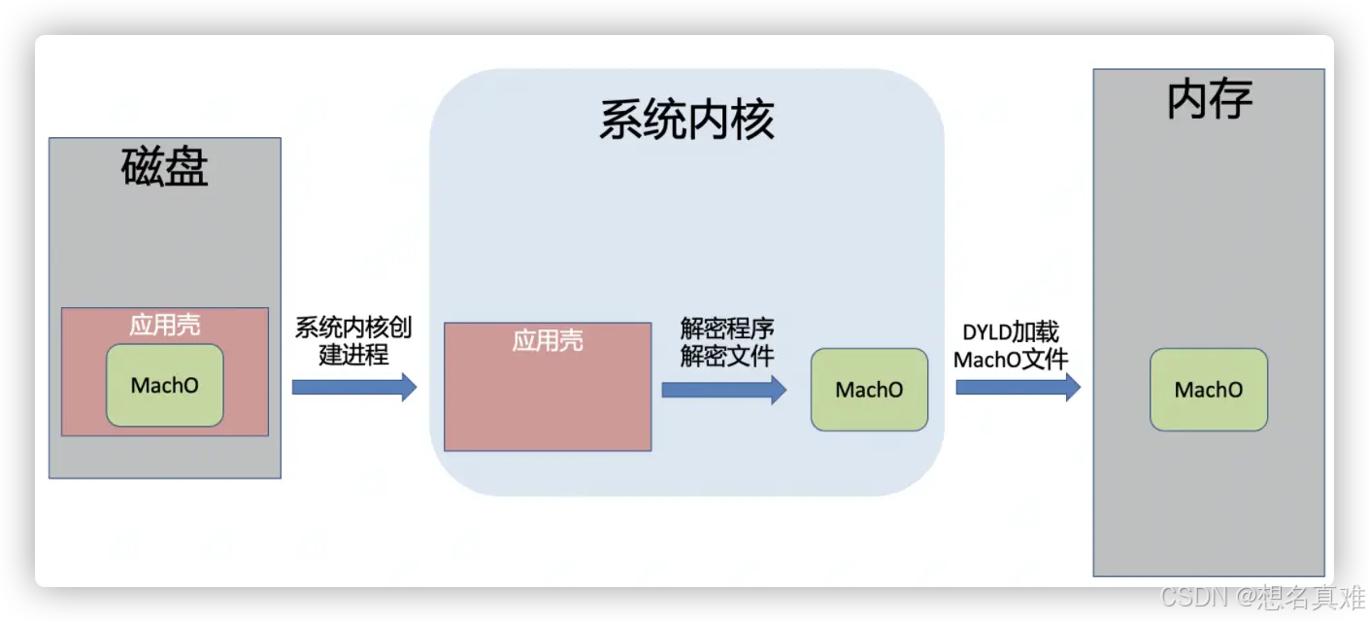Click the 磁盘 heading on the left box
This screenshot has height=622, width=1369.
tap(165, 167)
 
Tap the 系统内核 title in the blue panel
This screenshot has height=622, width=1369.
tap(685, 121)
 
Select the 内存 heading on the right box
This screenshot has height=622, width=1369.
tap(1209, 99)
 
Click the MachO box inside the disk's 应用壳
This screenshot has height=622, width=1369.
tap(165, 385)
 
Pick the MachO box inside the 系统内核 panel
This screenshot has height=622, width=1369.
tap(869, 390)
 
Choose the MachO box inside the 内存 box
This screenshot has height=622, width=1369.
tap(1209, 390)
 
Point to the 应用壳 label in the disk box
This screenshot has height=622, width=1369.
tap(165, 325)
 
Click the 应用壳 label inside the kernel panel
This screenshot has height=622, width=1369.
tap(548, 340)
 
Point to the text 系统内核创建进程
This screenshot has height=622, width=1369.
tap(353, 341)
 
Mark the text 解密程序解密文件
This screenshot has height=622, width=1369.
tap(727, 342)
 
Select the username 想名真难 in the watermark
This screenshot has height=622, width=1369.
tap(1312, 596)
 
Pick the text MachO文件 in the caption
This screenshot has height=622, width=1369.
tap(1011, 360)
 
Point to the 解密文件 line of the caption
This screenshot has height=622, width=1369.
tap(727, 357)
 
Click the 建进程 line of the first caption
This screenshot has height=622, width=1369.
tap(353, 356)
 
